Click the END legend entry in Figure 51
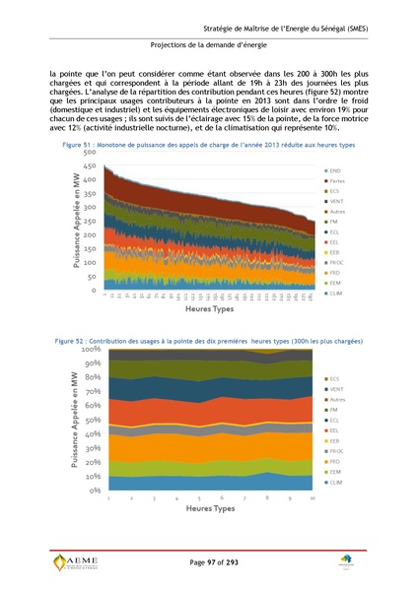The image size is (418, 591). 335,171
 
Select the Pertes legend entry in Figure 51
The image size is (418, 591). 337,183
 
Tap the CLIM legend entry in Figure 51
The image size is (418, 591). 336,294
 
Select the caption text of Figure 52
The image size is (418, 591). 209,340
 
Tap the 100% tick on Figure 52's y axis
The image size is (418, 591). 91,350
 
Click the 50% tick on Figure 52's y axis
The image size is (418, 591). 92,420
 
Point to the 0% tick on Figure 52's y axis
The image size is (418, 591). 94,490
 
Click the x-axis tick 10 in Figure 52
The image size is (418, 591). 312,499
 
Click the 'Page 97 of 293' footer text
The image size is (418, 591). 209,560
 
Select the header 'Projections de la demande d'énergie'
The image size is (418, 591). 209,45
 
